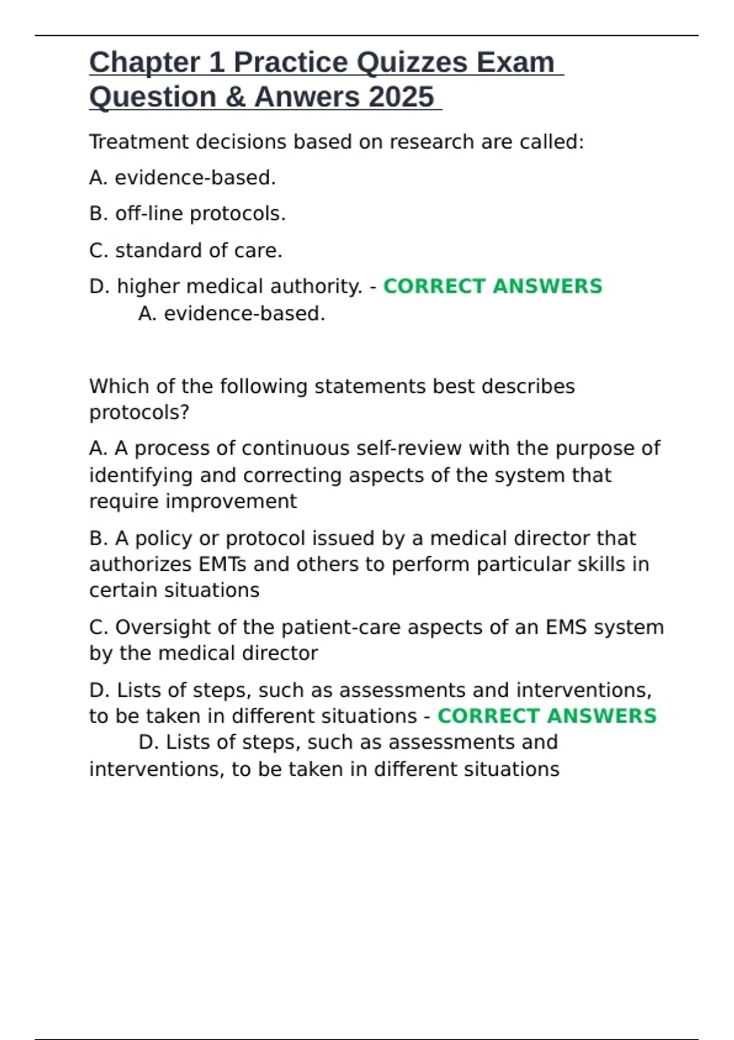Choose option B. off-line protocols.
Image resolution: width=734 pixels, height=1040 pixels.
[x=187, y=214]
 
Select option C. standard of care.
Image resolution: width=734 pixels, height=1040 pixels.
[x=185, y=250]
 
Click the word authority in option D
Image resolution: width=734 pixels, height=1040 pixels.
[x=324, y=286]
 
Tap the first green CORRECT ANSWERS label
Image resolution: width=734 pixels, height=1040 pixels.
[x=492, y=286]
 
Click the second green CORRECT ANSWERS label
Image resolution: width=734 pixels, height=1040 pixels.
[x=547, y=716]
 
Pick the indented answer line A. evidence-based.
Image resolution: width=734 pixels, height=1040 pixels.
[x=232, y=313]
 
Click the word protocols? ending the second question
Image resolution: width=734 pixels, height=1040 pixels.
[x=139, y=412]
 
